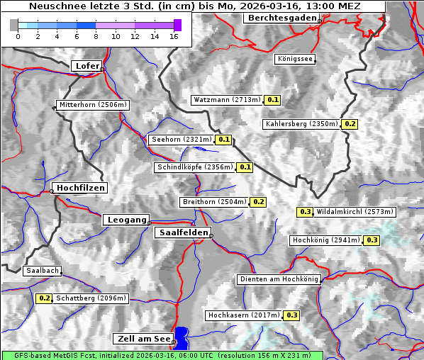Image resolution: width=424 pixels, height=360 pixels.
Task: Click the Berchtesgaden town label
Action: point(281,18)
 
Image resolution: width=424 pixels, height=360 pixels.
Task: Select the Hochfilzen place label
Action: point(80,188)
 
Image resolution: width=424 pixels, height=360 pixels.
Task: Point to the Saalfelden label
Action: point(182,232)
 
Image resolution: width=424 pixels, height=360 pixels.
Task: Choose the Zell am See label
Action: point(143,339)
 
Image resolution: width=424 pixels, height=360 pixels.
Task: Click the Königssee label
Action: point(295,60)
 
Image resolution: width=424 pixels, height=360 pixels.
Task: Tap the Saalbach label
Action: point(42,271)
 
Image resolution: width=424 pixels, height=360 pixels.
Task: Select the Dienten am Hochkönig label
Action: point(279,279)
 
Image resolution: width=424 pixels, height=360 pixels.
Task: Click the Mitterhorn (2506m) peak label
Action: point(92,105)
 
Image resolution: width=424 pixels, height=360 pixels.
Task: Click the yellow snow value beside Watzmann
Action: point(273,100)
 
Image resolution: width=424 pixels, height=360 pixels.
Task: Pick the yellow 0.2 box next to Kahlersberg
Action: point(350,124)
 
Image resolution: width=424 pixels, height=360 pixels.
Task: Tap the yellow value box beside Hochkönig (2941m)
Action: point(372,240)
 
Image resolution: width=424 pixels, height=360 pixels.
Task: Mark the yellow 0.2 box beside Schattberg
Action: point(45,298)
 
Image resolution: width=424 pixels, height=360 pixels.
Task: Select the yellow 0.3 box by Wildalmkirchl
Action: point(305,211)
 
